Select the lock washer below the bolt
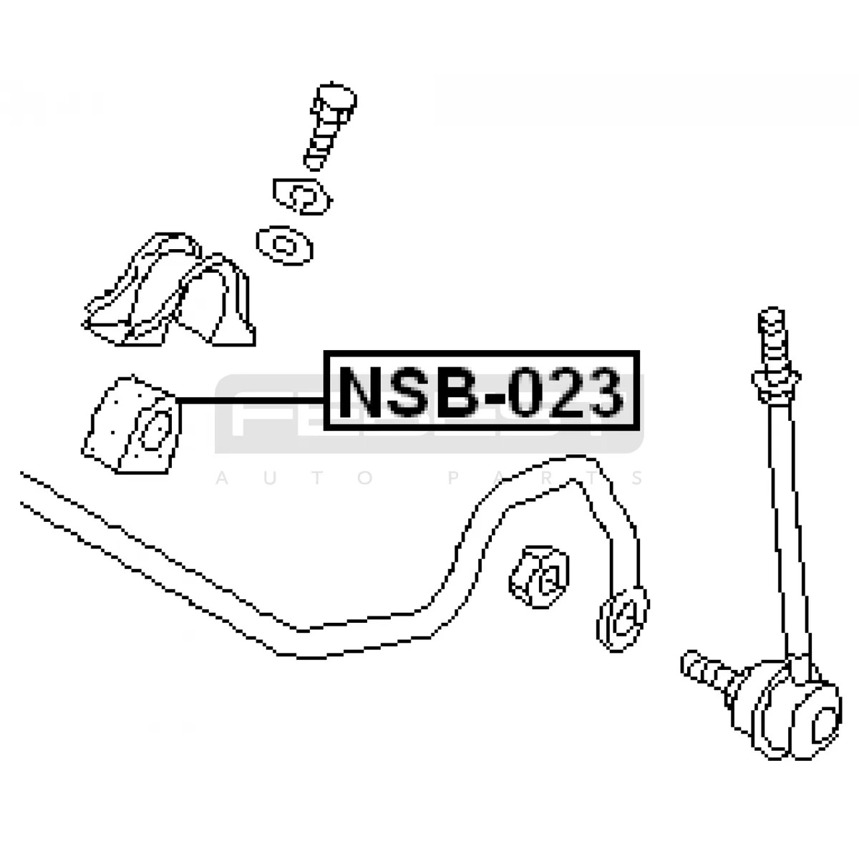pos(302,194)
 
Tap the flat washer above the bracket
pos(284,245)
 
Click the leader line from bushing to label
pos(251,399)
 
